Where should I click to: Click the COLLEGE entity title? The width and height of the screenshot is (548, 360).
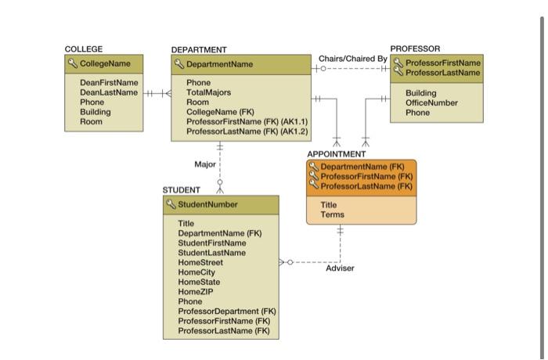[83, 49]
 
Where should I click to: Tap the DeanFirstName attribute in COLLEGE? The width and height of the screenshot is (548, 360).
[109, 82]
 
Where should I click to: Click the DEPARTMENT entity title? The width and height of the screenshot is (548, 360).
[199, 50]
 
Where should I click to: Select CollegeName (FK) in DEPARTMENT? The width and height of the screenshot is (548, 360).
[220, 112]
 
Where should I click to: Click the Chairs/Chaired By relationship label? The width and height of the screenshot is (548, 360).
[352, 59]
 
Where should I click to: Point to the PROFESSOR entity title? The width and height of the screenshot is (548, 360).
[415, 49]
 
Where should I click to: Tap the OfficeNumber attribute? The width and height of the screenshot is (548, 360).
[431, 103]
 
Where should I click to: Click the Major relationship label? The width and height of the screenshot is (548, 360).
[205, 164]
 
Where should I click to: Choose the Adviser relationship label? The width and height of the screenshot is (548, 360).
[340, 268]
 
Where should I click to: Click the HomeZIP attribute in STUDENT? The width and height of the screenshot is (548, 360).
[196, 292]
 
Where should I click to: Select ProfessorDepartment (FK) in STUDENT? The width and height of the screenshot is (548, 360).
[227, 311]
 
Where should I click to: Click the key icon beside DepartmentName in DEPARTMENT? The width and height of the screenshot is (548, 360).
[178, 64]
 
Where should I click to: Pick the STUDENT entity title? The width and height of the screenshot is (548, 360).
[181, 190]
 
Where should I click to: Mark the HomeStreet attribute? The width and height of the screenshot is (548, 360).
[200, 263]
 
